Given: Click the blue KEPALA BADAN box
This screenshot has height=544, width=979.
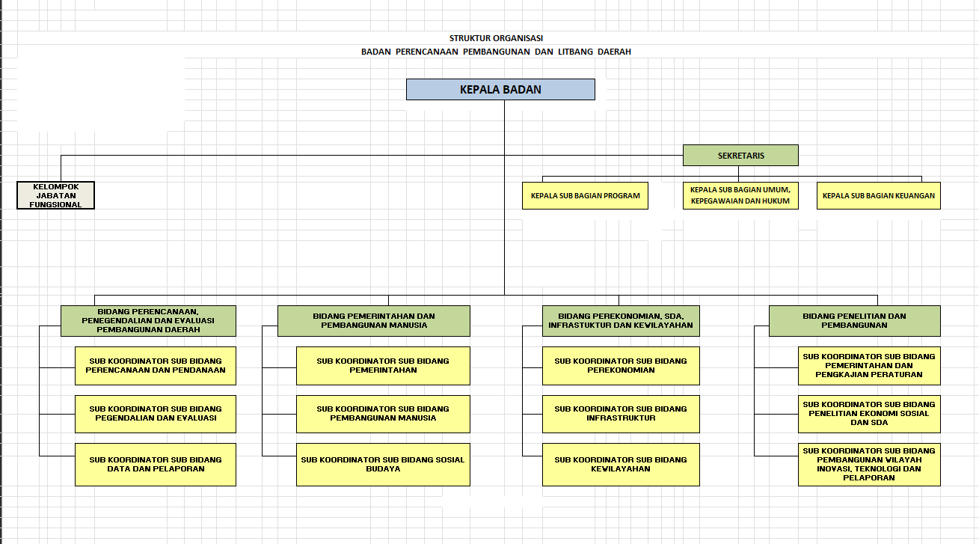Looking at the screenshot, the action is (x=500, y=89).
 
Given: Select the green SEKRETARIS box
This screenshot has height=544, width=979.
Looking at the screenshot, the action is (x=740, y=155).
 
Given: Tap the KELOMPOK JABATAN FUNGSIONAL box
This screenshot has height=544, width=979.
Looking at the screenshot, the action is (x=55, y=195).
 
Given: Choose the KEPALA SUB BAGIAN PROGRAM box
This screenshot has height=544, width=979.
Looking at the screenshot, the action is (x=585, y=195).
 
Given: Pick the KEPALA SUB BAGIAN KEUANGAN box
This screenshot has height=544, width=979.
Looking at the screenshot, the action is (x=879, y=195).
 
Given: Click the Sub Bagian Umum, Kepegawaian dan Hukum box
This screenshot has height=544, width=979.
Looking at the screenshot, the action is (x=740, y=195).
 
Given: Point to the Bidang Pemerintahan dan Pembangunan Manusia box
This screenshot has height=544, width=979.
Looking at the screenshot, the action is (x=374, y=320).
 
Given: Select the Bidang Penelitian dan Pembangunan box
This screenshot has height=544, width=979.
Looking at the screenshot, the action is (x=854, y=320).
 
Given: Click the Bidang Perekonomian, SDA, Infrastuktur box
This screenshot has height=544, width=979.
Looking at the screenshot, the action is (x=621, y=320).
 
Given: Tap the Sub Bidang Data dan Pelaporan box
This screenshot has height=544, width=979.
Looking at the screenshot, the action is (x=155, y=465).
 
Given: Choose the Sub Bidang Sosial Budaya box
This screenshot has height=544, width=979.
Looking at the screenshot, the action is (x=383, y=465).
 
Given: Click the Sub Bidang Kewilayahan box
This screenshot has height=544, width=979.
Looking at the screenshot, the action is (x=621, y=465).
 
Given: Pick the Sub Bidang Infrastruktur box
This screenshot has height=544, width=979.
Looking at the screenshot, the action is (x=621, y=414).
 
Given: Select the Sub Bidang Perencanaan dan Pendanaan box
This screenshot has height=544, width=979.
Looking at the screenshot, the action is (x=155, y=366).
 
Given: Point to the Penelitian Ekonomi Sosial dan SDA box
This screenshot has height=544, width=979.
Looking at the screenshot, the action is (x=869, y=414).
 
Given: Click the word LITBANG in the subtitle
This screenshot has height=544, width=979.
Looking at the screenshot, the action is (x=575, y=52).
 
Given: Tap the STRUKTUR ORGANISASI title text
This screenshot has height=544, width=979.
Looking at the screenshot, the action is (x=496, y=38).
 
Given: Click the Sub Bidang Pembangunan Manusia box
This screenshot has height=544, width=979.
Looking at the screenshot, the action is (x=383, y=414).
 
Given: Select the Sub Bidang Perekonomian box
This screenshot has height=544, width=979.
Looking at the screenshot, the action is (x=621, y=366).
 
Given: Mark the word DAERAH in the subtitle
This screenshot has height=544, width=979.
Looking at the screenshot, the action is (x=614, y=52).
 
